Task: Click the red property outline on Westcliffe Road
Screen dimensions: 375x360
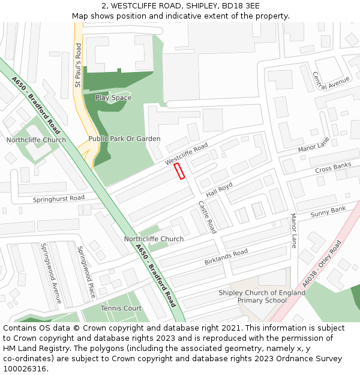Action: point(179,171)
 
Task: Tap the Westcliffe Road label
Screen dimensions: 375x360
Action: point(187,154)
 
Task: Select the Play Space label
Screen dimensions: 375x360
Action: point(113,98)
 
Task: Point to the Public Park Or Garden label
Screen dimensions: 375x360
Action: point(124,139)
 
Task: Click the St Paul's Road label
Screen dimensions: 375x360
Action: point(78,66)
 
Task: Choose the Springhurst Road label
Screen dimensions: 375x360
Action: point(59,199)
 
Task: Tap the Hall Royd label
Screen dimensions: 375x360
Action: point(219,190)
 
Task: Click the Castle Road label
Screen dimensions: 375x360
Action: point(208,217)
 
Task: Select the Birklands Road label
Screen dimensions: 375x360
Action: point(226,257)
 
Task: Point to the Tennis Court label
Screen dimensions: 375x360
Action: point(121,308)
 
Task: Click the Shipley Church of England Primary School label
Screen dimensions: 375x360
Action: point(262,296)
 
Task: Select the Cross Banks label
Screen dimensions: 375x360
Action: point(333,168)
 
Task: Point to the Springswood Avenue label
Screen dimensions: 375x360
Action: point(50,272)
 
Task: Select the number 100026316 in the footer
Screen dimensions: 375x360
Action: point(25,369)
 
